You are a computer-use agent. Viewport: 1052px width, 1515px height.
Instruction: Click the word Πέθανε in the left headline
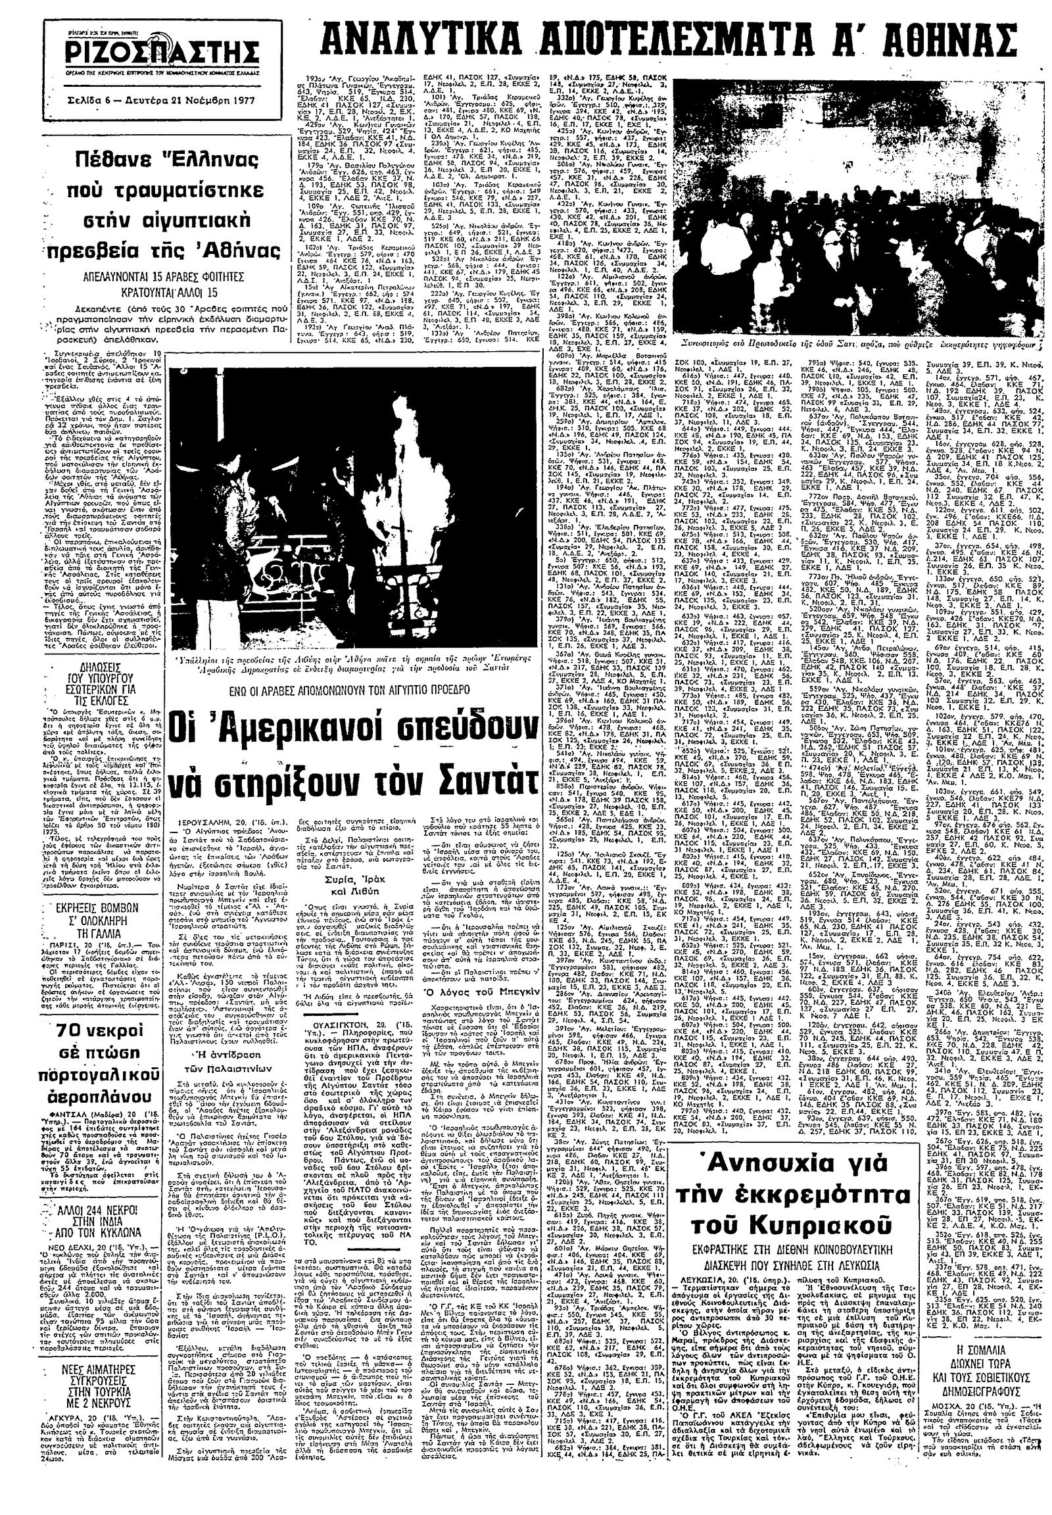(x=126, y=162)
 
